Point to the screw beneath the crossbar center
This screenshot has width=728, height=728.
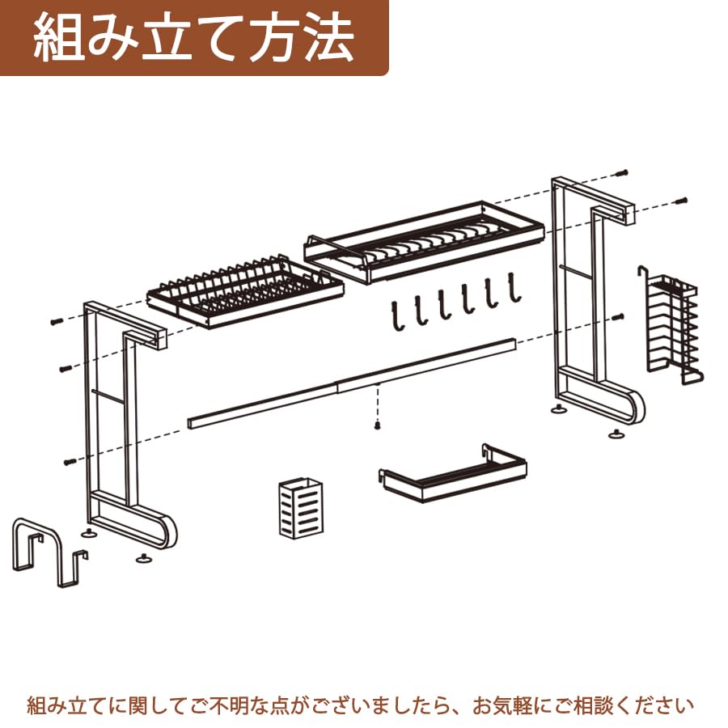(x=378, y=425)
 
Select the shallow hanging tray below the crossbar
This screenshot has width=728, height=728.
(x=453, y=475)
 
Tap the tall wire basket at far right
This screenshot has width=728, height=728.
(x=673, y=328)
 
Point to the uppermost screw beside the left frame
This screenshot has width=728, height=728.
(x=54, y=321)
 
